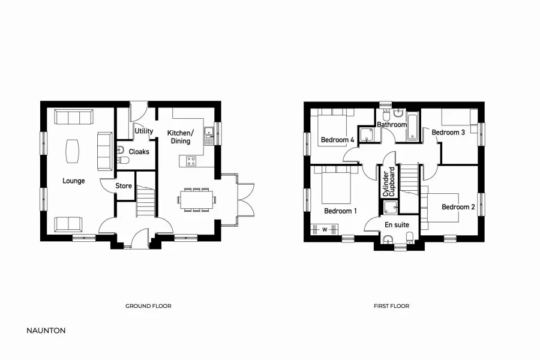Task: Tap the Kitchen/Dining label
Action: coord(180,137)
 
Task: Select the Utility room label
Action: coord(143,131)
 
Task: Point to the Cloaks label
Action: coord(139,152)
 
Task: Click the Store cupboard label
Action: coord(124,186)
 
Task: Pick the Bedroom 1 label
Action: coord(340,211)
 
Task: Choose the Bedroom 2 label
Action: coord(458,207)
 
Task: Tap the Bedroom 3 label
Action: coord(448,132)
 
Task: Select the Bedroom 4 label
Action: coord(337,140)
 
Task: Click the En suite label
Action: coord(397,224)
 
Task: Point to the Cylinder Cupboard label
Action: coord(389,182)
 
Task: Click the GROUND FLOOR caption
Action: coord(148,306)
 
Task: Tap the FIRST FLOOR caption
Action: coord(391,306)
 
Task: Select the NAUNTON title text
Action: coord(46,330)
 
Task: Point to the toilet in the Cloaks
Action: coord(123,160)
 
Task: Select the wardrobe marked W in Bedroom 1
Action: coord(325,229)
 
